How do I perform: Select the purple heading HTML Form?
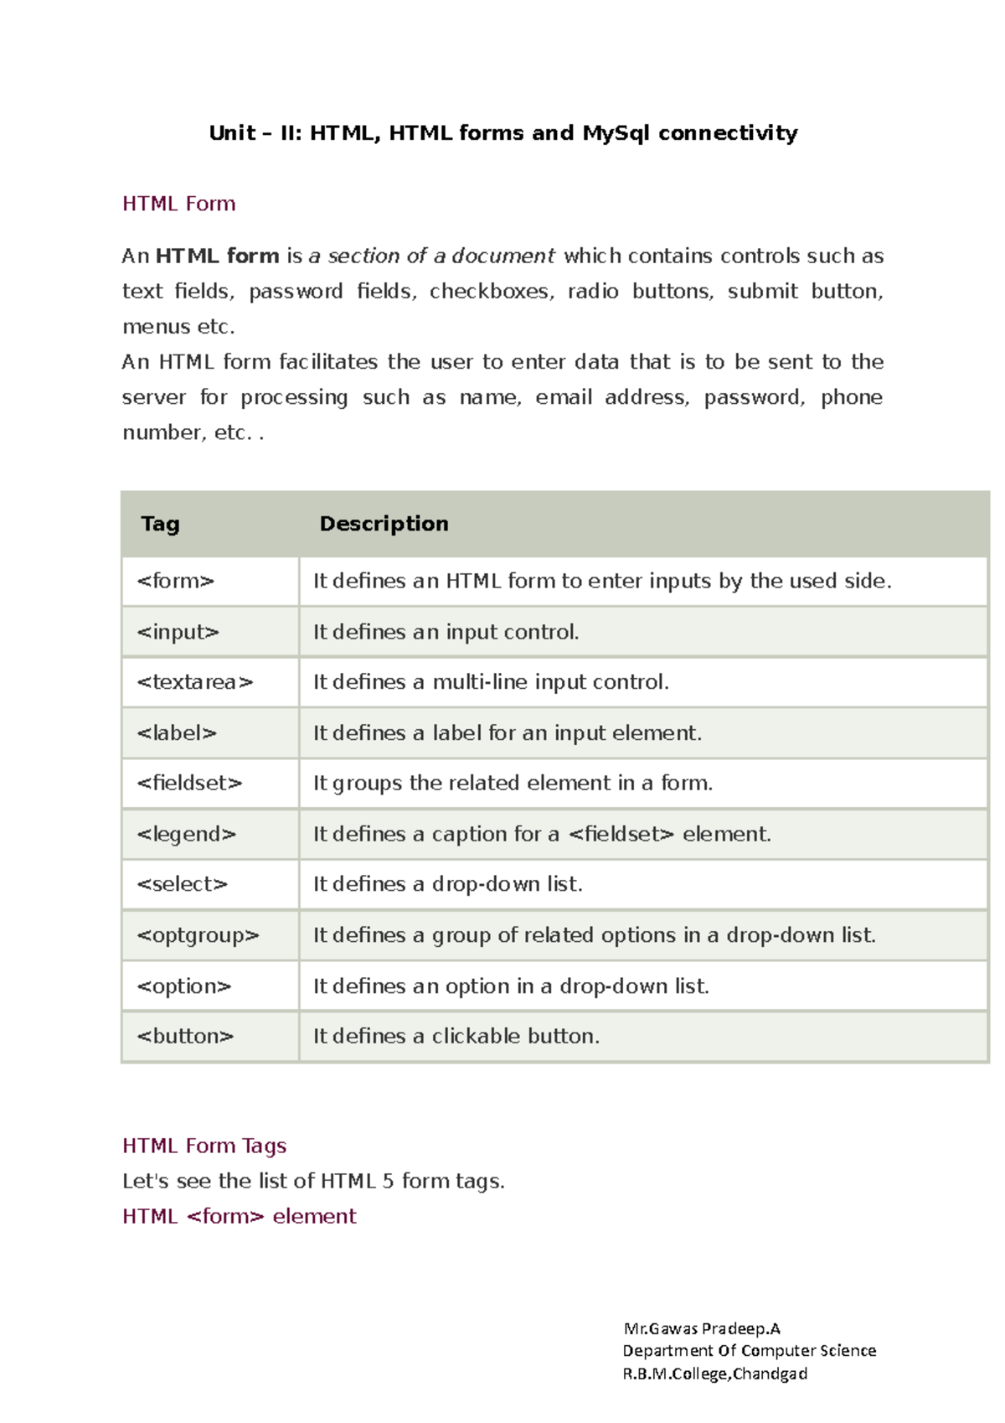coord(178,204)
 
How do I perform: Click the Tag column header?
coord(160,524)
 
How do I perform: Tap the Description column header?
coord(384,524)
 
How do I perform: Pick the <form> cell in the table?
coord(176,581)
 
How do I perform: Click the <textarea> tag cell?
coord(194,682)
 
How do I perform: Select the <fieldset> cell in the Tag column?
coord(189,783)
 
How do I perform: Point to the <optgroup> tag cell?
coord(198,935)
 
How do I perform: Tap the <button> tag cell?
coord(185,1037)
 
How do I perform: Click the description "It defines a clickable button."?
coord(456,1037)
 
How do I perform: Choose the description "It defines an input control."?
coord(446,632)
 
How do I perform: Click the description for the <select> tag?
coord(447,884)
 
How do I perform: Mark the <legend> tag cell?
coord(186,834)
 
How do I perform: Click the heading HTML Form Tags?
coord(204,1146)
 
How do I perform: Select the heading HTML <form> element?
coord(239,1216)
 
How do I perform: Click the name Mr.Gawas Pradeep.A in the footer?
coord(701,1328)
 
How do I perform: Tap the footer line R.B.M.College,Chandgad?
coord(714,1374)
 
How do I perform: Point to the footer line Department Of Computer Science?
coord(749,1351)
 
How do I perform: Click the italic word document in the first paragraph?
coord(503,256)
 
